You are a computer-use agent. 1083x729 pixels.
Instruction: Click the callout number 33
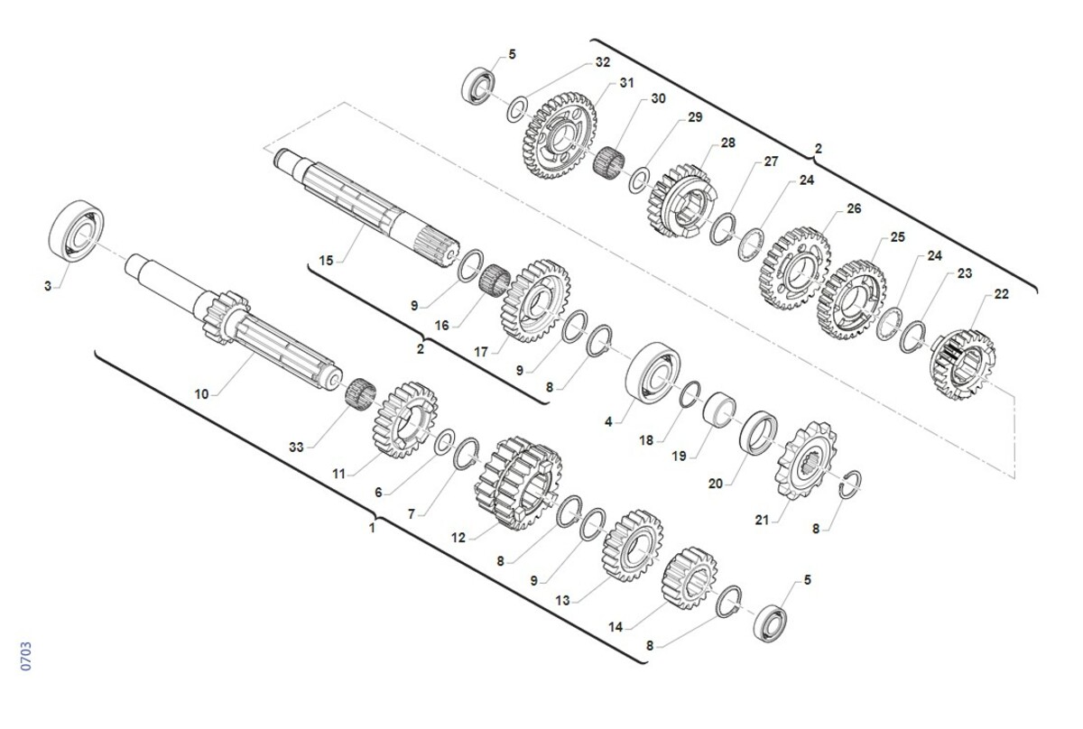296,448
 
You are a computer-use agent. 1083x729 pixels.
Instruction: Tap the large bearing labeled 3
77,231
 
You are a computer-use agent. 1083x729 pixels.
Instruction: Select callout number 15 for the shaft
327,261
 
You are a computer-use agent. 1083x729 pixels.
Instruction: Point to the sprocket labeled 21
805,460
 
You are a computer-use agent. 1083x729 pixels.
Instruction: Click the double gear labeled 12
518,484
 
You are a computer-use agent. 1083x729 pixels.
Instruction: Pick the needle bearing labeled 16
495,281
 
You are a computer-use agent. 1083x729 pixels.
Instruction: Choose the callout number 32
603,62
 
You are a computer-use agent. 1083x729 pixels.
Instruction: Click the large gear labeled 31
559,136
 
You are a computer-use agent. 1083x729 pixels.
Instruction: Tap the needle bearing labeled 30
608,161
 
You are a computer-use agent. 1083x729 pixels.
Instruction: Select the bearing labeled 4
653,372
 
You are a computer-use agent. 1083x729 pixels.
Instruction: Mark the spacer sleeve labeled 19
719,410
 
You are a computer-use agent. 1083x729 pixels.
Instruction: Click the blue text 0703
26,656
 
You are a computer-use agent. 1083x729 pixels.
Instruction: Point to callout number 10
201,394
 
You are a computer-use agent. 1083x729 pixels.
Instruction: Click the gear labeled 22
962,364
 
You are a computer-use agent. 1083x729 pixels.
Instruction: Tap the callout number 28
727,143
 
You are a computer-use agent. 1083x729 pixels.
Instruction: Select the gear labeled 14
690,578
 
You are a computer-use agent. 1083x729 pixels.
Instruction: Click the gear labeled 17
534,301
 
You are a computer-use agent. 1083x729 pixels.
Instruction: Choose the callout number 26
854,208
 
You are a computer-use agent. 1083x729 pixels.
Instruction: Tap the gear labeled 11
405,420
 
